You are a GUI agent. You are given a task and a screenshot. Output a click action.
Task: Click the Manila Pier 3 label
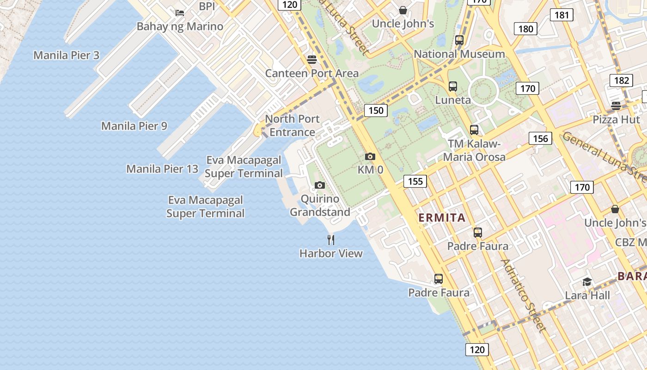[x=66, y=55]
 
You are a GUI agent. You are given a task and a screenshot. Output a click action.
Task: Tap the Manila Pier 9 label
[x=134, y=126]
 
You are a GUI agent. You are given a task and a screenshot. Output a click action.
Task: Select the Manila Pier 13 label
[x=162, y=169]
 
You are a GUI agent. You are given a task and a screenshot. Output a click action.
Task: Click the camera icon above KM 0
[x=370, y=156]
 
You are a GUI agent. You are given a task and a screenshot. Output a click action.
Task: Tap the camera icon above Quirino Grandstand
[x=319, y=185]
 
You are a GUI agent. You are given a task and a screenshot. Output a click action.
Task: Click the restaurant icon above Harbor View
[x=331, y=240]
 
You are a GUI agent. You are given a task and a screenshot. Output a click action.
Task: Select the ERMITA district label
[x=442, y=218]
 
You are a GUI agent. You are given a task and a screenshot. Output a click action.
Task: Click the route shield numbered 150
[x=376, y=110]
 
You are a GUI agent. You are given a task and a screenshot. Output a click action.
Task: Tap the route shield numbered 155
[x=415, y=181]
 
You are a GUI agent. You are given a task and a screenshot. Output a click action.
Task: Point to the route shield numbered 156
[x=540, y=138]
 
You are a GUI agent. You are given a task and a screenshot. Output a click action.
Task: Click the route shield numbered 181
[x=562, y=15]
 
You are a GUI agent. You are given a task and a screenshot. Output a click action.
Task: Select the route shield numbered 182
[x=622, y=80]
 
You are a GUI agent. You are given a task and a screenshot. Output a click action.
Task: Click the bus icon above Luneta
[x=453, y=86]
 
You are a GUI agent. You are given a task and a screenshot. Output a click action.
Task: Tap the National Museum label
[x=459, y=54]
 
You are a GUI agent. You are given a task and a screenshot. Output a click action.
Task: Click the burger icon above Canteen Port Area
[x=311, y=59]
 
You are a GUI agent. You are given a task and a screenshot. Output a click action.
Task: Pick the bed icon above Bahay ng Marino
[x=180, y=12]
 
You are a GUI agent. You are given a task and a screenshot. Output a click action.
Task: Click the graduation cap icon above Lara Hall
[x=587, y=282]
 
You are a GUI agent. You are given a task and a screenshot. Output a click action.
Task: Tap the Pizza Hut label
[x=616, y=119]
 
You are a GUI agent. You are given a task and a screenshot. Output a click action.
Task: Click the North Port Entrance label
[x=292, y=125]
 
